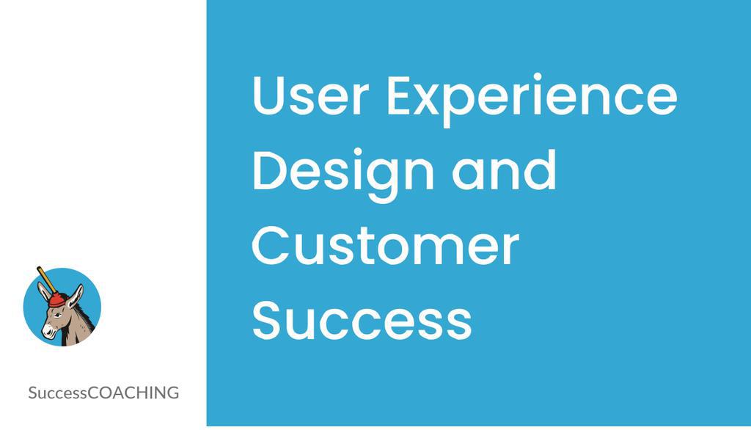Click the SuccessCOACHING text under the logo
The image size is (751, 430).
coord(103,393)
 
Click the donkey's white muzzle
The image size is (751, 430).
coord(49,331)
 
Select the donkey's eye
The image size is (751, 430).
coord(59,314)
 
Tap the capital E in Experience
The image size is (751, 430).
coord(400,96)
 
